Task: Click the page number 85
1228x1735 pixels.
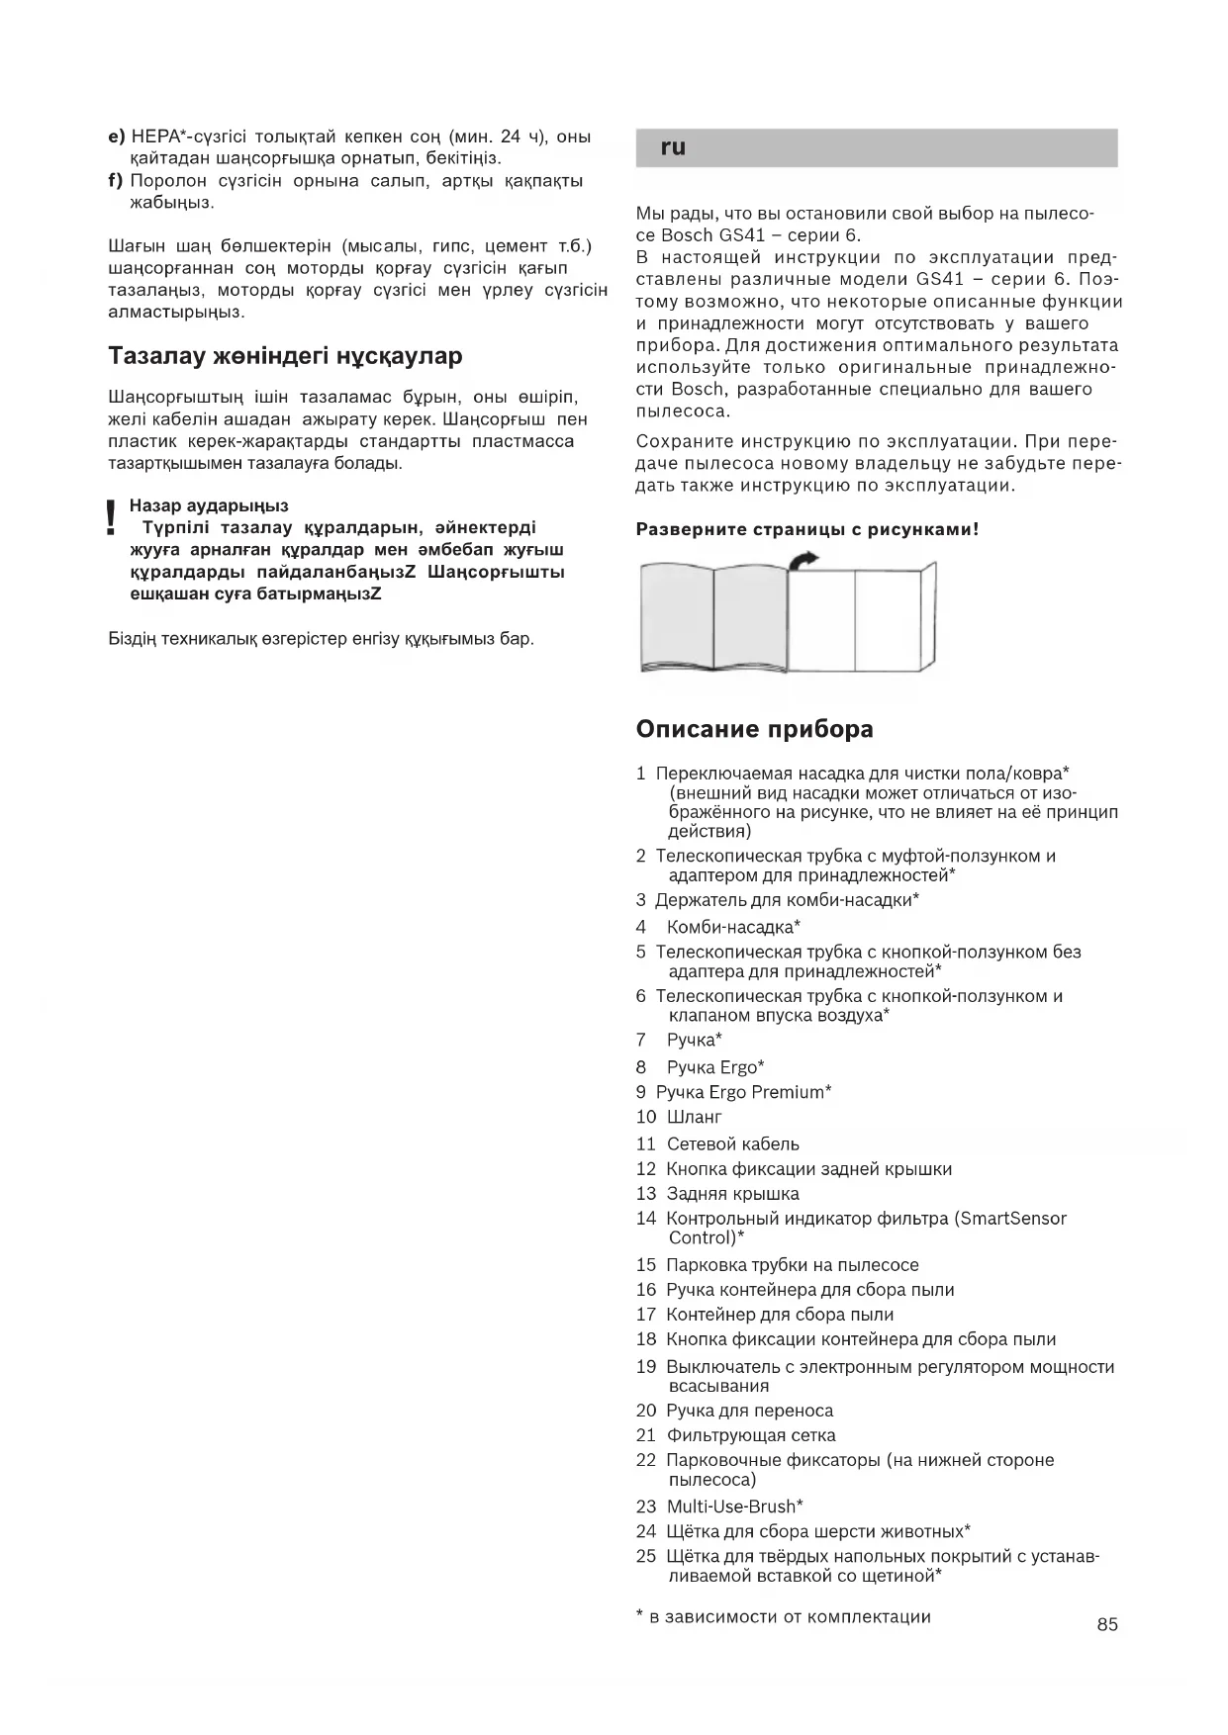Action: click(x=1107, y=1624)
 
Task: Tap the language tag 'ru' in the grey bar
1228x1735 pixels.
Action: click(x=673, y=147)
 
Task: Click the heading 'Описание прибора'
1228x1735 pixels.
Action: click(x=754, y=729)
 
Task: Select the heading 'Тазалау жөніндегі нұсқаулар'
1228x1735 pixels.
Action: click(x=285, y=355)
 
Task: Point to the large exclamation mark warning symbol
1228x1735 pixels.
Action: click(x=111, y=518)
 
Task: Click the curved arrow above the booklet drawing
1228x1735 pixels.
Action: click(x=805, y=560)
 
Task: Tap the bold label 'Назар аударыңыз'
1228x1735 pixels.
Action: click(x=209, y=505)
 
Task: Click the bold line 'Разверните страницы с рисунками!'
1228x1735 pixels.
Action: click(x=806, y=529)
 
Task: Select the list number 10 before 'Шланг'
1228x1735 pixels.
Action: click(x=646, y=1117)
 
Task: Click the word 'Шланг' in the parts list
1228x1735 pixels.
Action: click(x=695, y=1117)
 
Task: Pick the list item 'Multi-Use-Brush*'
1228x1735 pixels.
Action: click(x=734, y=1507)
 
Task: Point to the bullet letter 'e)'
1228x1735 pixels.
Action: click(x=117, y=137)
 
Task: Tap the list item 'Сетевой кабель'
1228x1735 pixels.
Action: click(x=732, y=1144)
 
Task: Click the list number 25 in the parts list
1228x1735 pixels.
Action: click(x=646, y=1557)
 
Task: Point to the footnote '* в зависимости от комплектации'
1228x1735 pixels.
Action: click(x=783, y=1617)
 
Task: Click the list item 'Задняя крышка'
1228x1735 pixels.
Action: click(x=732, y=1194)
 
